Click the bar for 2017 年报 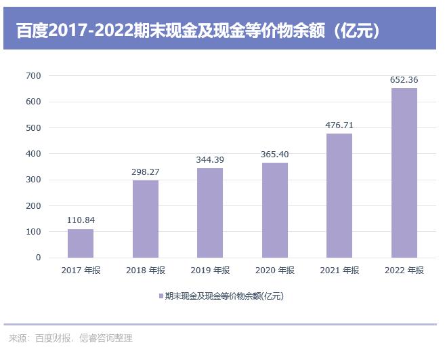tap(81, 243)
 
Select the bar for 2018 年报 tap(146, 219)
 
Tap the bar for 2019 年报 tap(210, 213)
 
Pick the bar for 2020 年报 tap(274, 210)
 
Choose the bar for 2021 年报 tap(339, 196)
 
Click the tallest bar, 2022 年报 tap(404, 173)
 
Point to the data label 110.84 tap(81, 220)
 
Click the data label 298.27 tap(146, 172)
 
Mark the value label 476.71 tap(339, 125)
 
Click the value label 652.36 tap(404, 79)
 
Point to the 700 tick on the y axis tap(34, 75)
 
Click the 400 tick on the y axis tap(34, 154)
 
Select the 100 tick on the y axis tap(34, 232)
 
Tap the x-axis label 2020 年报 tap(274, 271)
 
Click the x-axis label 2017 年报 tap(81, 271)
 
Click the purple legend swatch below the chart tap(161, 296)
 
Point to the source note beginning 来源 tap(70, 338)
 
